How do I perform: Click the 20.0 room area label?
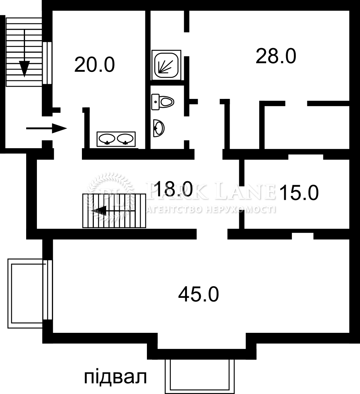click(95, 65)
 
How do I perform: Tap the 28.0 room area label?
click(276, 56)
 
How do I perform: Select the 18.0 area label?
click(173, 189)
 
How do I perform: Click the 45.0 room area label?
click(198, 294)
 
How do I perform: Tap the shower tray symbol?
click(166, 65)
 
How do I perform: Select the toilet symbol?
click(163, 102)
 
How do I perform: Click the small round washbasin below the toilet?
click(158, 129)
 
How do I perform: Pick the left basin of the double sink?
click(107, 139)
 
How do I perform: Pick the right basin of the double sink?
click(125, 139)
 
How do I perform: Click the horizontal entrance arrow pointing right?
click(47, 129)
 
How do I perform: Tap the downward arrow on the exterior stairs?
click(24, 53)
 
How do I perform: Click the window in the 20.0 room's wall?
click(47, 63)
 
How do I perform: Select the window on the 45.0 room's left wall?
click(47, 290)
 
